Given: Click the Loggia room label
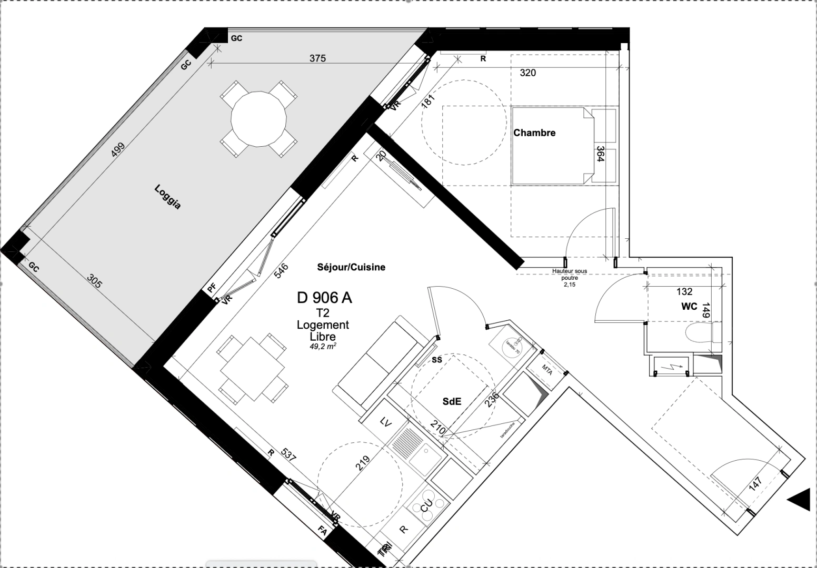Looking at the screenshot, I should click(168, 197).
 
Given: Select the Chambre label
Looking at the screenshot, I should click(534, 133).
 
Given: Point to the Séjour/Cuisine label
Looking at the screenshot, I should click(351, 267).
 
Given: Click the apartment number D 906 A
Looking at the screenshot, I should click(324, 298).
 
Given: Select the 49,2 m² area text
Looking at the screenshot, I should click(323, 347).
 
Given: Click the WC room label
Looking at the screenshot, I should click(689, 307).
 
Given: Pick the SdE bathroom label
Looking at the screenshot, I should click(452, 401).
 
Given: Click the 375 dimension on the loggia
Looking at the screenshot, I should click(317, 58).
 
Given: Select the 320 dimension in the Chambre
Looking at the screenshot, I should click(527, 73).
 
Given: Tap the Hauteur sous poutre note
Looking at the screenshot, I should click(569, 277).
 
